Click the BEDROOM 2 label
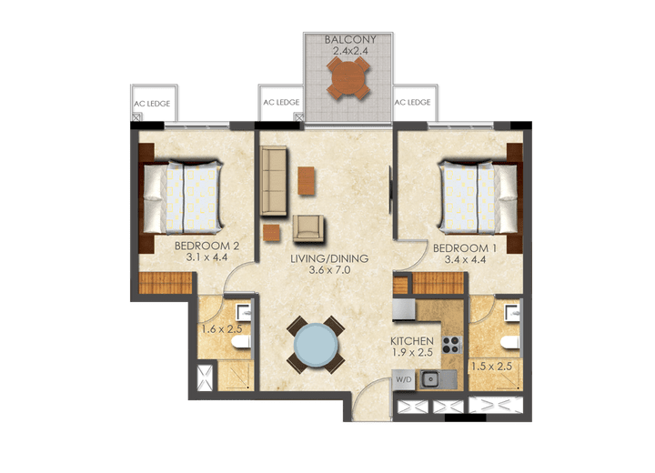tap(207, 246)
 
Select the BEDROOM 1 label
tap(465, 248)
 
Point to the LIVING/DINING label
tap(329, 258)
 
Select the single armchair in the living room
tap(307, 227)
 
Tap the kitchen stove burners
tap(449, 344)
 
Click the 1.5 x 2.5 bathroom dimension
tap(491, 367)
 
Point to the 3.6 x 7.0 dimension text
tap(328, 270)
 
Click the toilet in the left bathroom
tap(239, 342)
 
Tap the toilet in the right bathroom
tap(510, 342)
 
